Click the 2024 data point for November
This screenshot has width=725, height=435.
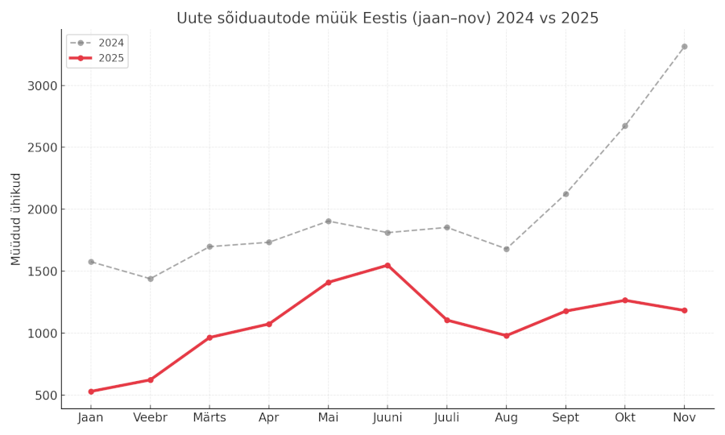(684, 47)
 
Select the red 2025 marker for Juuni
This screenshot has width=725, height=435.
(387, 265)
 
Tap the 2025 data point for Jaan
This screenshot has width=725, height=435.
(91, 391)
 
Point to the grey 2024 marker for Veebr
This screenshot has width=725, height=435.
(150, 279)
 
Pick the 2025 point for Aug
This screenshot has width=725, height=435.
(506, 336)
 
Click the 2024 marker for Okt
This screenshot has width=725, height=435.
(624, 126)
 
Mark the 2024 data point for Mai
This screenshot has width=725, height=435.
(328, 221)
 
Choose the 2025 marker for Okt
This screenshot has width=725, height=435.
(624, 300)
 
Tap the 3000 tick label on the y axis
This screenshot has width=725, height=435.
(40, 85)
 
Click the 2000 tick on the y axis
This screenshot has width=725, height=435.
(40, 209)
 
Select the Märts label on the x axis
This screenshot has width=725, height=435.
(209, 418)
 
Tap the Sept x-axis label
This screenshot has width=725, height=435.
(565, 418)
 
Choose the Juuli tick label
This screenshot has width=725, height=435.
(446, 418)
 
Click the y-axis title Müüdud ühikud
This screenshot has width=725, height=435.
(16, 219)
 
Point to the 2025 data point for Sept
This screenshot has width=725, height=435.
(565, 311)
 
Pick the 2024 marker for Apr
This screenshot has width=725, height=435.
(268, 242)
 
